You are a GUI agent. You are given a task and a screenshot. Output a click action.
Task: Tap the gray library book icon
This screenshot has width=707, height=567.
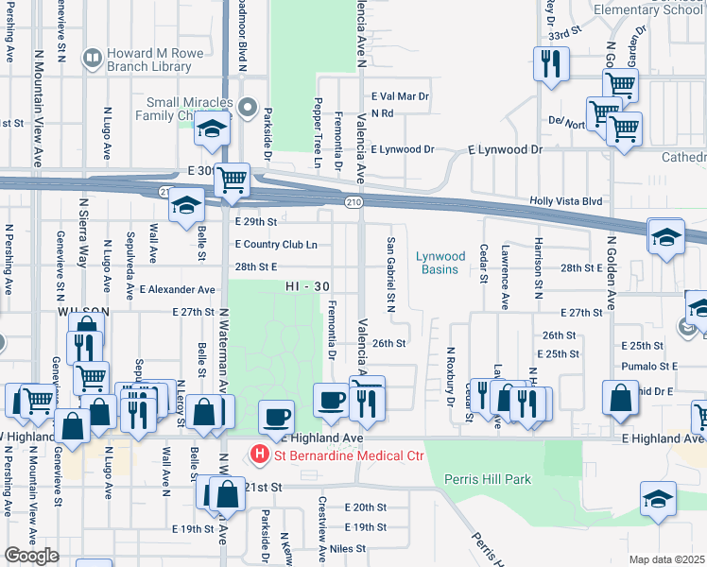92,59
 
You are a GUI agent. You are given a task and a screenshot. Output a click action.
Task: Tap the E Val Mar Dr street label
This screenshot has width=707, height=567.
400,96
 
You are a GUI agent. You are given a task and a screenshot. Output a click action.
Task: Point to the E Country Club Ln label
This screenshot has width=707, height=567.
275,245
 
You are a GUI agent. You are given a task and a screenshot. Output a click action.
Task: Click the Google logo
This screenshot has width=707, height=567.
31,556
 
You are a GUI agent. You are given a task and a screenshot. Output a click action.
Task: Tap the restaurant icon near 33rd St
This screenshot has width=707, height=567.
549,64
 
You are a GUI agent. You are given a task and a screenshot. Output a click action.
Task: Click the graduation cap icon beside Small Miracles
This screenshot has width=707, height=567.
213,128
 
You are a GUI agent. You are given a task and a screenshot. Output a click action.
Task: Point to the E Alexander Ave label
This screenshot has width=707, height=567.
178,290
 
